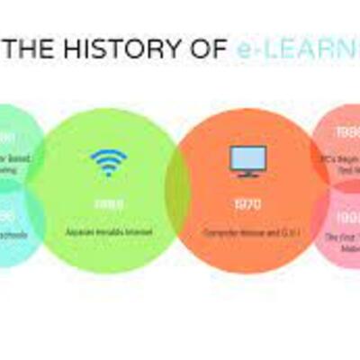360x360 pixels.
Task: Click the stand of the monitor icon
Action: click(244, 175)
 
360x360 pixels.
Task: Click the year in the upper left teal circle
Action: click(7, 137)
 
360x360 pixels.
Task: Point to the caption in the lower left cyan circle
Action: click(11, 236)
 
